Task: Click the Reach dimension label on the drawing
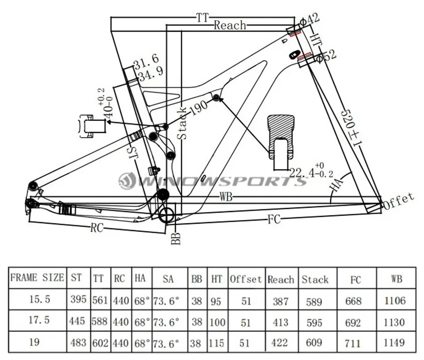click(230, 25)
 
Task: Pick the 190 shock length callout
click(199, 107)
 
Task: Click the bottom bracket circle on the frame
click(166, 215)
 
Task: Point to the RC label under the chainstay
click(96, 228)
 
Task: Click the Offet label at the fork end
click(399, 201)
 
